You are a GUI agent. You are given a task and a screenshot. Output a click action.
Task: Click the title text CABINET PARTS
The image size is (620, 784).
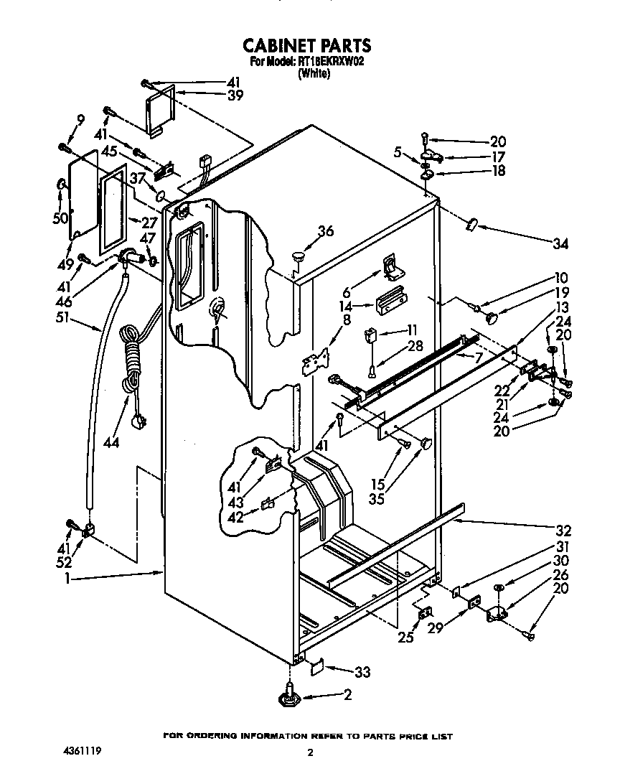[306, 46]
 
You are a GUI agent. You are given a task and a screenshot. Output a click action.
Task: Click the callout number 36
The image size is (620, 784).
[326, 230]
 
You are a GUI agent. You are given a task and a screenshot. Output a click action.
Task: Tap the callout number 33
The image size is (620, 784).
[362, 672]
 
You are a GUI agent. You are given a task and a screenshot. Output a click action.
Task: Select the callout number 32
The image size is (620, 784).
[563, 531]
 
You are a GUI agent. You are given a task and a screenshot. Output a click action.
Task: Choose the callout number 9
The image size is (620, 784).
[80, 120]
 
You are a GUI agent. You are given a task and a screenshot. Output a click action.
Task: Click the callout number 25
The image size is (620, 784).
[406, 636]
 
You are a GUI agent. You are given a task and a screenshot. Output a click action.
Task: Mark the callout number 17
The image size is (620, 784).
[497, 156]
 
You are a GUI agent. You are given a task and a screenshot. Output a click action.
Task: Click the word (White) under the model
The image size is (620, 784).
[314, 73]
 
